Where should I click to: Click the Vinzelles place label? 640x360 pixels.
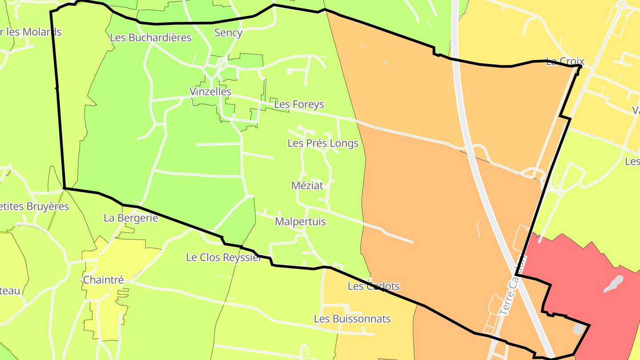point(210,92)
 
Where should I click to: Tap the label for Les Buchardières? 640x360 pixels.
point(150,37)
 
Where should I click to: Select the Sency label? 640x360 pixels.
point(228,32)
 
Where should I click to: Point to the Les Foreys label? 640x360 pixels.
point(299,104)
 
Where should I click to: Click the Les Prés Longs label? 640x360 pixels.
point(323,143)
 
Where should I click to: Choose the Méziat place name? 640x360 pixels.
point(307,185)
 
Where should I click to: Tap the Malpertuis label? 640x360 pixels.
point(300,221)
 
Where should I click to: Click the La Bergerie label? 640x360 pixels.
point(131,218)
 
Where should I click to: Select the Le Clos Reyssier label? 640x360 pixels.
point(224,257)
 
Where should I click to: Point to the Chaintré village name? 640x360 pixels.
point(103,280)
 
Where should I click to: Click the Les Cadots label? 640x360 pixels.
point(373,286)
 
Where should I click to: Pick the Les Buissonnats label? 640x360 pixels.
point(352,319)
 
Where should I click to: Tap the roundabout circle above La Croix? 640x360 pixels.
point(621,5)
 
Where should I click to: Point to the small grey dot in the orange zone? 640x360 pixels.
point(385,62)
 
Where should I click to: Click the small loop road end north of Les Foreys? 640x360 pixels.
point(289,71)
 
